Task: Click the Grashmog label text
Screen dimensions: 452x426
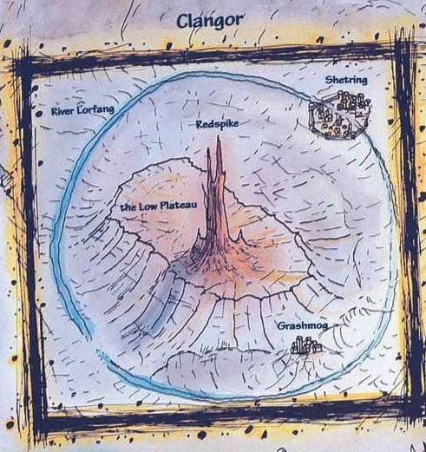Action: [303, 326]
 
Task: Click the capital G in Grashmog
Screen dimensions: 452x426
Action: [282, 326]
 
